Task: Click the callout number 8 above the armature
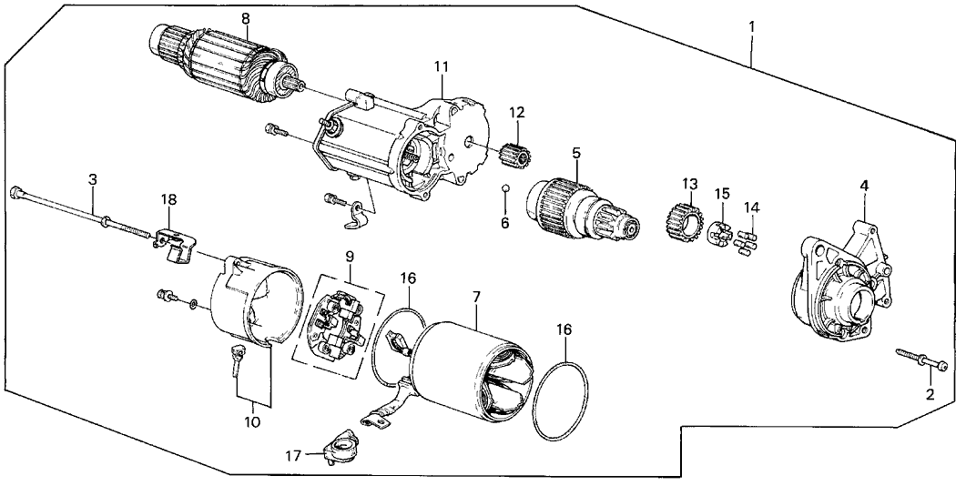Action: pyautogui.click(x=246, y=18)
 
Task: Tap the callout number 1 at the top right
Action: pyautogui.click(x=752, y=27)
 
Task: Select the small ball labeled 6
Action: pyautogui.click(x=505, y=188)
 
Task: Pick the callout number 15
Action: pyautogui.click(x=721, y=194)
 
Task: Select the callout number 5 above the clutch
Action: pyautogui.click(x=576, y=152)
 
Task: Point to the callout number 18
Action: pyautogui.click(x=168, y=199)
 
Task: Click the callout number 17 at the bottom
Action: pyautogui.click(x=294, y=456)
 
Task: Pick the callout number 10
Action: pyautogui.click(x=252, y=422)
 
